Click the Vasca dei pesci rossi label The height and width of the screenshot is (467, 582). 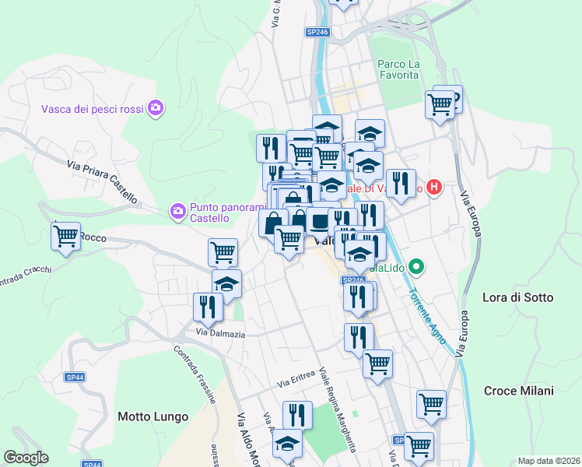point(93,108)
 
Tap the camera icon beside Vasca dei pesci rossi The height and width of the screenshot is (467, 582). point(156,107)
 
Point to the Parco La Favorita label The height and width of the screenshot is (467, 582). point(398,69)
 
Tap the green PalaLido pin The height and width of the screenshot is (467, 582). point(418,268)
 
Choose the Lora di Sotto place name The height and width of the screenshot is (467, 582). point(517,297)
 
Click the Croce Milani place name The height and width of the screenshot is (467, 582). point(519,391)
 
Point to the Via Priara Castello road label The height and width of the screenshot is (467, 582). point(102,182)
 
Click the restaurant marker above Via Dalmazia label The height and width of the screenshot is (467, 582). point(209,306)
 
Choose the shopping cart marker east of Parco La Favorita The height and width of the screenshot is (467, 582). point(440,104)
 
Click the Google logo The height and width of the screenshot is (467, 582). point(26,458)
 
